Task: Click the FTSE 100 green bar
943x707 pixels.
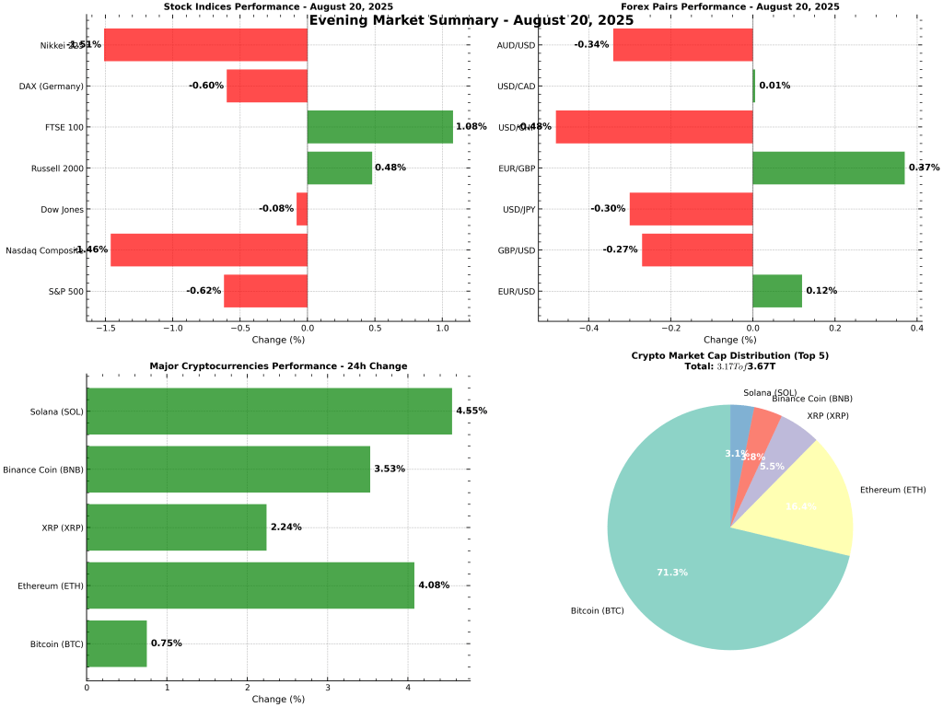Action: (379, 127)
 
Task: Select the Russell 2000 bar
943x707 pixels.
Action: (339, 168)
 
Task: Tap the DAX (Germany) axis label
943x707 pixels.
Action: (52, 87)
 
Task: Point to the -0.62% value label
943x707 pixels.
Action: (204, 291)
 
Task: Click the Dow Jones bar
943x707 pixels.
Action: (302, 209)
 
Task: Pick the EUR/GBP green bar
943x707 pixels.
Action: (828, 168)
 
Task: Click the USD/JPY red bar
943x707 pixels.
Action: (691, 209)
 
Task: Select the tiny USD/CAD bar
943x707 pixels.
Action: (753, 86)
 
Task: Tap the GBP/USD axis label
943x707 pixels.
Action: (516, 250)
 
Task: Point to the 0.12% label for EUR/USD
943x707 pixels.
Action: (821, 291)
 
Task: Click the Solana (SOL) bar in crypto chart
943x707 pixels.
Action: (269, 411)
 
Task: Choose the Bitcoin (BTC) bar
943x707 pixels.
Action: (116, 643)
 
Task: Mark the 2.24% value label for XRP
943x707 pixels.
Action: (285, 527)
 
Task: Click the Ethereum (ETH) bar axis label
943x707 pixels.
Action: (51, 585)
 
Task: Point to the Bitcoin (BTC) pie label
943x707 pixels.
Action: (598, 610)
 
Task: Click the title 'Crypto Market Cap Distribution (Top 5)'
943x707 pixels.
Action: (729, 355)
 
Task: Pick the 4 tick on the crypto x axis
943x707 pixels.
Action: (408, 688)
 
